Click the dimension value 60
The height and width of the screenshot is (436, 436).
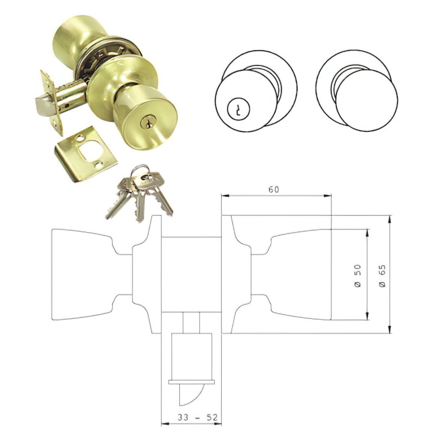point(274,189)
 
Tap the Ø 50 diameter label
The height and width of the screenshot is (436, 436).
point(358,276)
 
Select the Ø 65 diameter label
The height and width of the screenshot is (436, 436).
point(383,276)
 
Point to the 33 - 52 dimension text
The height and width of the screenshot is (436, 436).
point(198,417)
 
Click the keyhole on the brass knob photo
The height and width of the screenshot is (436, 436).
point(147,122)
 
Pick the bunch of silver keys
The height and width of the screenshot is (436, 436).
point(139,193)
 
